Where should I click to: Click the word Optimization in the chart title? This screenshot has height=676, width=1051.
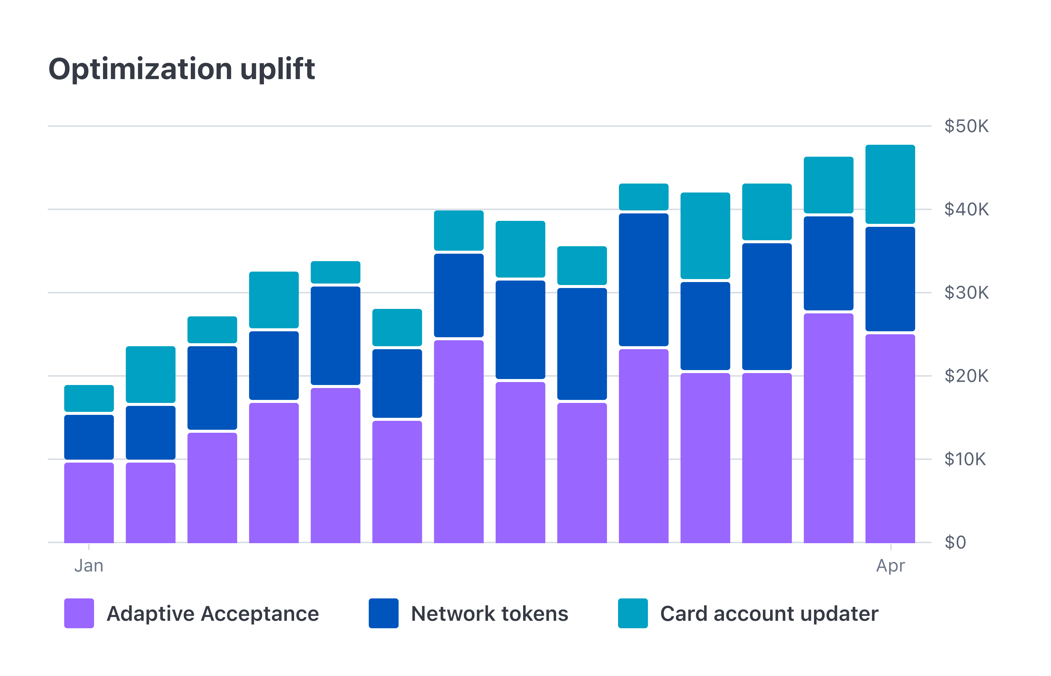[x=140, y=69]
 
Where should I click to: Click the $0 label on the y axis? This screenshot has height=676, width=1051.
[x=955, y=543]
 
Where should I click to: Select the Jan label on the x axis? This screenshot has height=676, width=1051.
[x=89, y=566]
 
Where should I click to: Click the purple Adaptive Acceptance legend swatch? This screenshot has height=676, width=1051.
[x=79, y=613]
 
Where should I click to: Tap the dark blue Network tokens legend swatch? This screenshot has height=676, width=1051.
[x=383, y=613]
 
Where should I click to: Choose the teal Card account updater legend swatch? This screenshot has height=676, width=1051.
[x=633, y=613]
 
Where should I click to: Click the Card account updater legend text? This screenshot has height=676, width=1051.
[x=769, y=614]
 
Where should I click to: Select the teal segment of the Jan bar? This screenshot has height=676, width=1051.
[x=89, y=398]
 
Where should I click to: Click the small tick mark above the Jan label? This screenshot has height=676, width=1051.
[x=89, y=547]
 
